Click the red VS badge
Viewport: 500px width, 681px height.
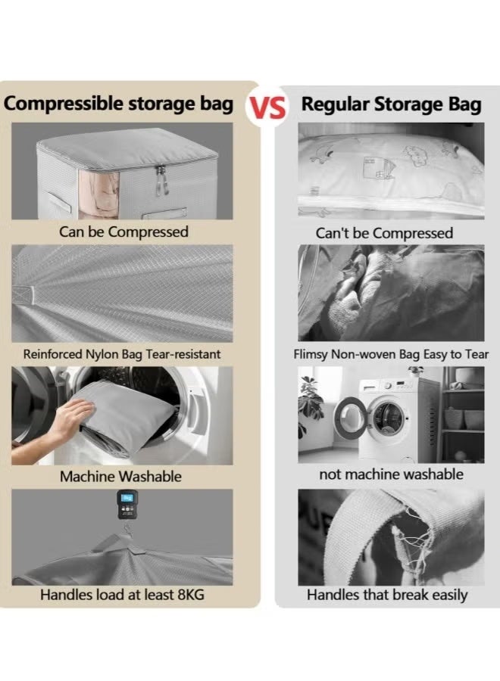268,107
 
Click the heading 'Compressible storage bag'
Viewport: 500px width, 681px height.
119,104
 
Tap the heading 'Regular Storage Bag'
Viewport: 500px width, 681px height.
391,104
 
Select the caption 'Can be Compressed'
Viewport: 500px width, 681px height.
123,232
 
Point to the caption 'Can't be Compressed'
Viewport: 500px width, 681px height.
384,232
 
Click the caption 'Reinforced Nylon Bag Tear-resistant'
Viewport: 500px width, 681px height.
122,353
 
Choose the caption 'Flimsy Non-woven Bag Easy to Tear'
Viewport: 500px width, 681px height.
390,353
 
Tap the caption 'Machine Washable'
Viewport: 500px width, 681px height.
121,477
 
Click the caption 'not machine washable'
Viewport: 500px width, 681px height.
391,475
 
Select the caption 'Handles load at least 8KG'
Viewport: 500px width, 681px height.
122,595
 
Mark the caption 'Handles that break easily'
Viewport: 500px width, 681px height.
387,595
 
